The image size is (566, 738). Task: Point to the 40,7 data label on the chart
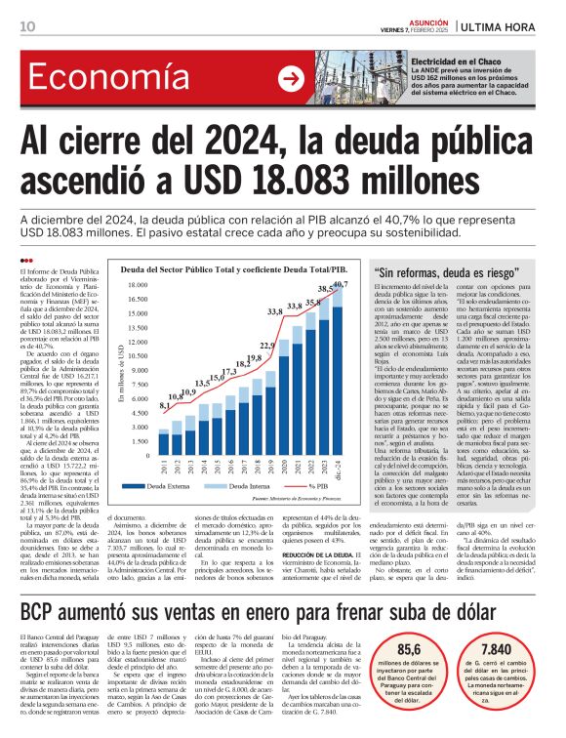pos(340,284)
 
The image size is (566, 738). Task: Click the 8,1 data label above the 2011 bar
pos(162,404)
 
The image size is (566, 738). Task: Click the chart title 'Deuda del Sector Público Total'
pos(233,266)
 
